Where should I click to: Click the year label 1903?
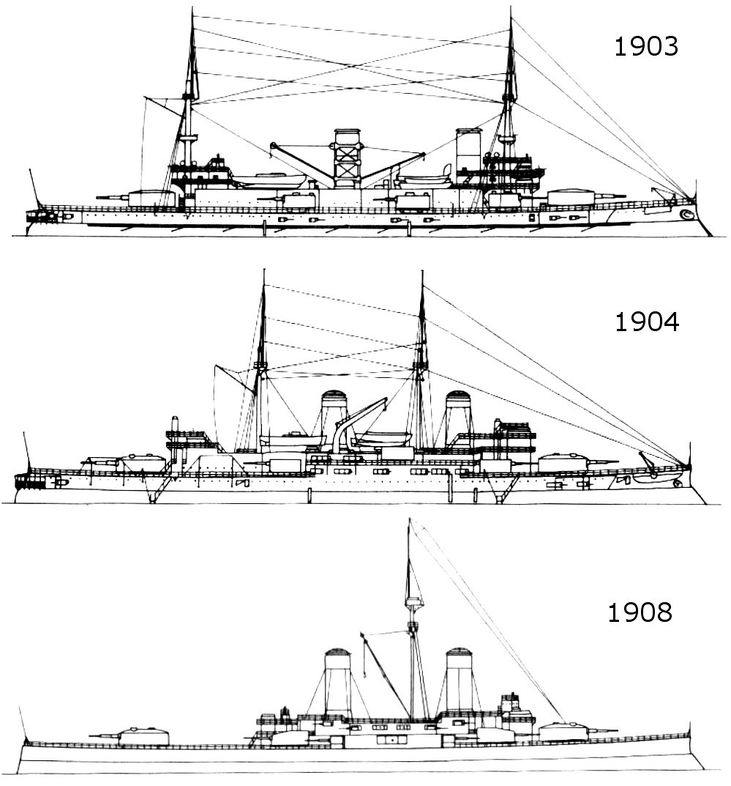(x=646, y=47)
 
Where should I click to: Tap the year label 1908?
(x=640, y=612)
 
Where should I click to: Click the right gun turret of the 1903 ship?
(x=570, y=196)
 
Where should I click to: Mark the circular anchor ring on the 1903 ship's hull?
(x=686, y=215)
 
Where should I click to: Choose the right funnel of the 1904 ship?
(x=458, y=418)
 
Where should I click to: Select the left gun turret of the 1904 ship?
(x=143, y=462)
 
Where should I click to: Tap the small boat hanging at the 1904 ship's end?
(x=651, y=475)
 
